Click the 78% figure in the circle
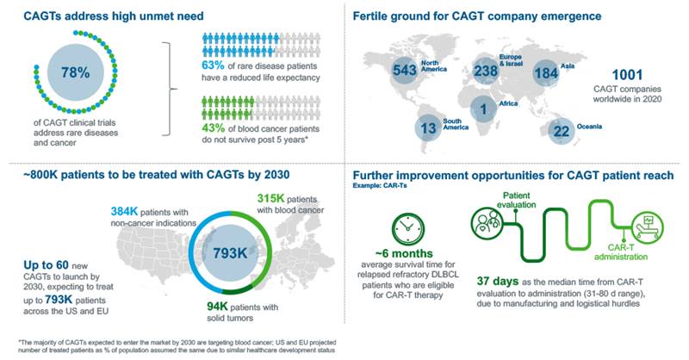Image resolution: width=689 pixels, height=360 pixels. pyautogui.click(x=75, y=72)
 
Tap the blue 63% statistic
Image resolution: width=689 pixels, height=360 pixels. pyautogui.click(x=213, y=65)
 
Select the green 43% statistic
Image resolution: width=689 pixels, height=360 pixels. pyautogui.click(x=213, y=128)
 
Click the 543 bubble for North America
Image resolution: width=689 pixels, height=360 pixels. pyautogui.click(x=404, y=70)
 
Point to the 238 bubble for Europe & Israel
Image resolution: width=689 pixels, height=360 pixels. pyautogui.click(x=486, y=71)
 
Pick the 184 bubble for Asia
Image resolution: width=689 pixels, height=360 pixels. pyautogui.click(x=546, y=72)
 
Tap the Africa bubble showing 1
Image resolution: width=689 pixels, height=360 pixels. pyautogui.click(x=483, y=109)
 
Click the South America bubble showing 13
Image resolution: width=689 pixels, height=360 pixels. pyautogui.click(x=428, y=128)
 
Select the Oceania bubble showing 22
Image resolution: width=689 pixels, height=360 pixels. pyautogui.click(x=562, y=131)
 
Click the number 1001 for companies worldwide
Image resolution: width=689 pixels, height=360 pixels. pyautogui.click(x=627, y=75)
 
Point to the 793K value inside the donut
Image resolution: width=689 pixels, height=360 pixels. pyautogui.click(x=230, y=253)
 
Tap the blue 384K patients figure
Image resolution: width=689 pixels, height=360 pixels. pyautogui.click(x=124, y=211)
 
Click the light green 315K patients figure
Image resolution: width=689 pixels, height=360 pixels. pyautogui.click(x=270, y=198)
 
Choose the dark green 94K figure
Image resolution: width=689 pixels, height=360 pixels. pyautogui.click(x=217, y=306)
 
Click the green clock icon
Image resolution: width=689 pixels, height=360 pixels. pyautogui.click(x=407, y=229)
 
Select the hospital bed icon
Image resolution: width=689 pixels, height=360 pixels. pyautogui.click(x=648, y=227)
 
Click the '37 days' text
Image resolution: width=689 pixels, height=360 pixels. pyautogui.click(x=498, y=281)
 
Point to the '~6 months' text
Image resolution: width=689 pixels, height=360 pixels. pyautogui.click(x=404, y=253)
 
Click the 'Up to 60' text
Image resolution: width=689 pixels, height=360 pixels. pyautogui.click(x=46, y=265)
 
